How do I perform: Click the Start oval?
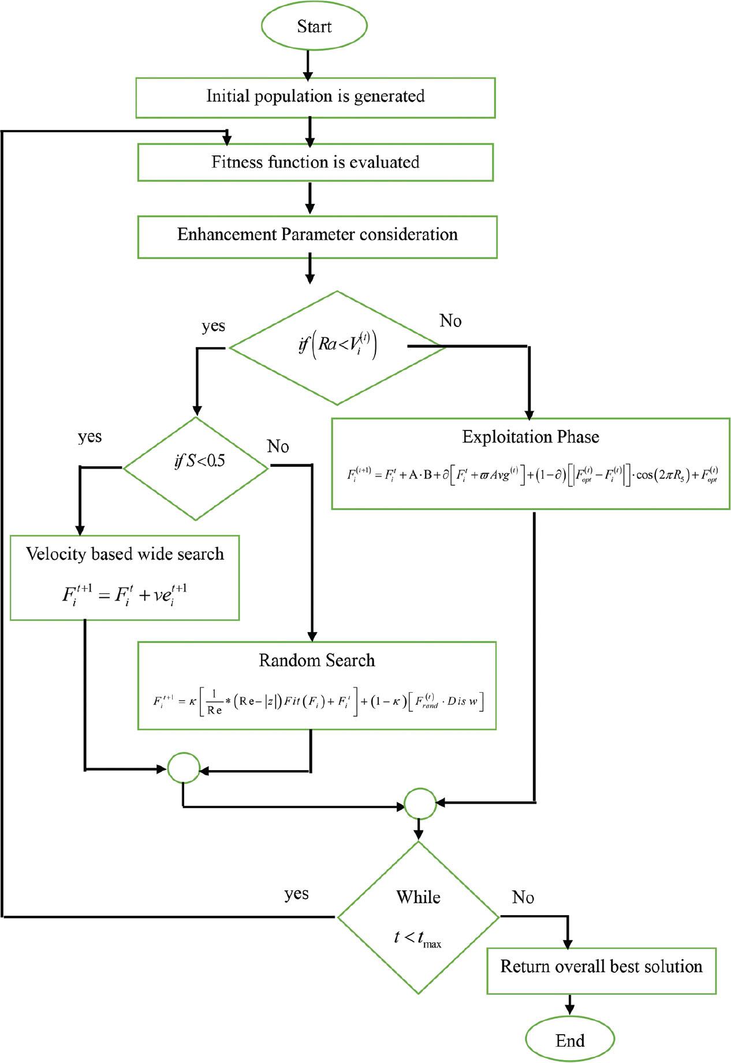pos(314,27)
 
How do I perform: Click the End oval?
pos(570,1040)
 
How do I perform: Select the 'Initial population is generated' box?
pos(315,97)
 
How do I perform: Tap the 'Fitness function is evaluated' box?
pos(315,162)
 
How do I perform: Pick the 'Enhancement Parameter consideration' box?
pos(317,236)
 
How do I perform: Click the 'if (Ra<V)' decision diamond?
pos(338,347)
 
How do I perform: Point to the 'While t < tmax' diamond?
pos(418,917)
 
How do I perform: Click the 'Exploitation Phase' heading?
pos(531,437)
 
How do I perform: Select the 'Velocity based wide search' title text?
pos(125,554)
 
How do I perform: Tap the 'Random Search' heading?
pos(316,660)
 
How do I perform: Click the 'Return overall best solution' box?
pos(601,967)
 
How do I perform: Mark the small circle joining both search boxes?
pos(184,768)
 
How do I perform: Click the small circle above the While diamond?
pos(420,804)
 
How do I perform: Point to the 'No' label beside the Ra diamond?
pos(450,321)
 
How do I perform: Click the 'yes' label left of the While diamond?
pos(296,894)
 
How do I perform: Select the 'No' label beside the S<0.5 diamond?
pos(278,447)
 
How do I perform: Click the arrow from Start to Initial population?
pos(308,65)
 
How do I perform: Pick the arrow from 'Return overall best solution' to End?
pos(570,1004)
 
